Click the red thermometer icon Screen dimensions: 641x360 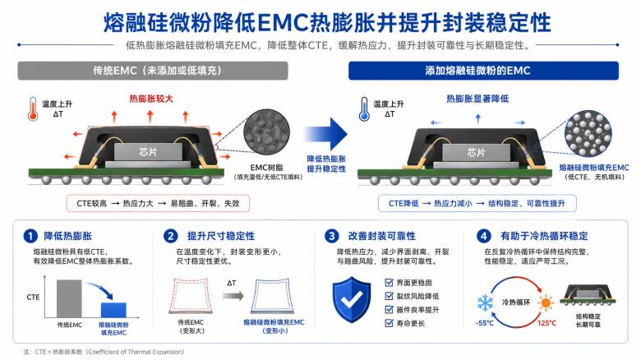pos(33,108)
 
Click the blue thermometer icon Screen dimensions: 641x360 pos(364,108)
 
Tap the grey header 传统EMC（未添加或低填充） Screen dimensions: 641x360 pos(153,71)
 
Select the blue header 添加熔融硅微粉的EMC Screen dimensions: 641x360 pos(483,71)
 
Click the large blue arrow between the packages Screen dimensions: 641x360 pos(326,134)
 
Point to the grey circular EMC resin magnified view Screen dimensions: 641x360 pos(266,132)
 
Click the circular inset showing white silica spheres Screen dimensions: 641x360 pos(588,133)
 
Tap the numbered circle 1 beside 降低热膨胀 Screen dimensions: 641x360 pos(30,236)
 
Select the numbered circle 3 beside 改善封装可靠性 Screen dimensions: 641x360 pos(331,236)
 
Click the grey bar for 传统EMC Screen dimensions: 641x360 pos(69,298)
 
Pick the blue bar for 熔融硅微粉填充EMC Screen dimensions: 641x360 pos(113,310)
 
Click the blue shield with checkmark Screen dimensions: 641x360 pos(352,299)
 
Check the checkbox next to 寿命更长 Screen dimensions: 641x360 pos(390,323)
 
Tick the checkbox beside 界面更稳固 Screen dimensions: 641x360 pos(390,283)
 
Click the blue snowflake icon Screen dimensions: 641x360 pos(485,303)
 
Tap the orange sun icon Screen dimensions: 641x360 pos(546,303)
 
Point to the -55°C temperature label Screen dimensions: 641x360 pos(485,323)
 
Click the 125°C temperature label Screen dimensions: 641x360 pos(546,323)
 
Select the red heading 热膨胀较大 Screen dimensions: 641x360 pos(151,99)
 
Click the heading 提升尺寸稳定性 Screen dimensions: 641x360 pos(221,236)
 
